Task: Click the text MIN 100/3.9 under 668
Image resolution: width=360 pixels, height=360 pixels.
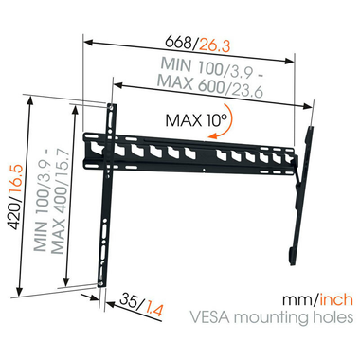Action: [x=198, y=67]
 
